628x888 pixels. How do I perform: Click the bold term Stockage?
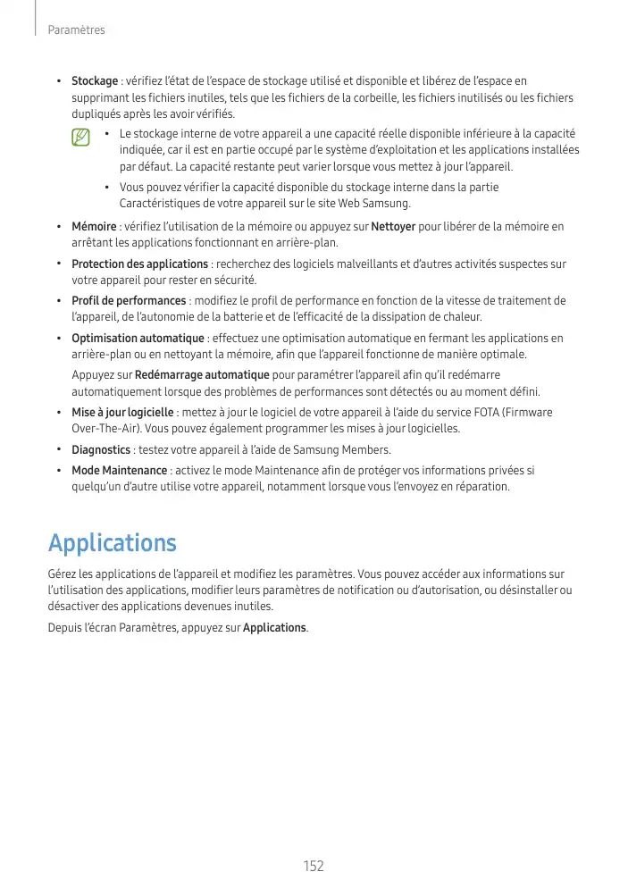(x=95, y=81)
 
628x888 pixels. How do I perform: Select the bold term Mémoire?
(x=94, y=227)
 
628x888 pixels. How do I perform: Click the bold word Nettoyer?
(x=392, y=227)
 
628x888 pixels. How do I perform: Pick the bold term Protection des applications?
(x=139, y=264)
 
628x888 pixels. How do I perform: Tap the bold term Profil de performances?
(x=129, y=301)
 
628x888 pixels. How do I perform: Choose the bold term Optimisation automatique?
(x=138, y=339)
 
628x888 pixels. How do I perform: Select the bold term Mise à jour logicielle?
(x=122, y=413)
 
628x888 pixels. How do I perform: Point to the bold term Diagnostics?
(x=101, y=449)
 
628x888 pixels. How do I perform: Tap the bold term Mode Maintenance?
(x=119, y=471)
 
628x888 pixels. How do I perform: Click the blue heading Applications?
(x=112, y=543)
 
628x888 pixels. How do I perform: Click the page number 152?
(x=314, y=867)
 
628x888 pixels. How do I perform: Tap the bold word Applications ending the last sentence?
(x=274, y=628)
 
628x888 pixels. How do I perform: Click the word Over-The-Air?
(x=105, y=429)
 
